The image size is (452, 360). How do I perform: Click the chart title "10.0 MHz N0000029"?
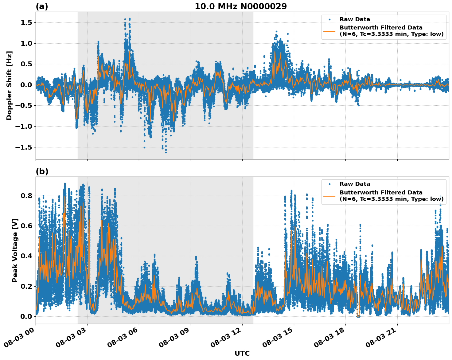240,6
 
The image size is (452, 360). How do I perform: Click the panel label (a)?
42,6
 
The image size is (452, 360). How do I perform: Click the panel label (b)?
42,171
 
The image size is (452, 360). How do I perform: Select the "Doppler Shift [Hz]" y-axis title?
9,85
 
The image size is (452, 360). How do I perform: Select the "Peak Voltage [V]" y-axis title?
15,250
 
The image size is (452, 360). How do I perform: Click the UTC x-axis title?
242,353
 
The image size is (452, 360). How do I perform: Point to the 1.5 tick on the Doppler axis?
27,23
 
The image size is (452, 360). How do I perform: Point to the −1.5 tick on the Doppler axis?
24,147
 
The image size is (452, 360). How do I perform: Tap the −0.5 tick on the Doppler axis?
24,106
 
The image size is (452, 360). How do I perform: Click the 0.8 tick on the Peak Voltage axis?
27,196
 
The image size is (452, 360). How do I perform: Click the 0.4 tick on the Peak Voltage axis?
27,256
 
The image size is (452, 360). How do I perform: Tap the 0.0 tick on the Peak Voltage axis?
27,316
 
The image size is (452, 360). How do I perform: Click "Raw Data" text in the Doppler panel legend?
355,19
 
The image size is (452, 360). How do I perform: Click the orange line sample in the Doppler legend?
329,31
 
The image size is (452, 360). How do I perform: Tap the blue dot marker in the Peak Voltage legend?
329,184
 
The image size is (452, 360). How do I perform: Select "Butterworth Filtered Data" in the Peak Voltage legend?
381,193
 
